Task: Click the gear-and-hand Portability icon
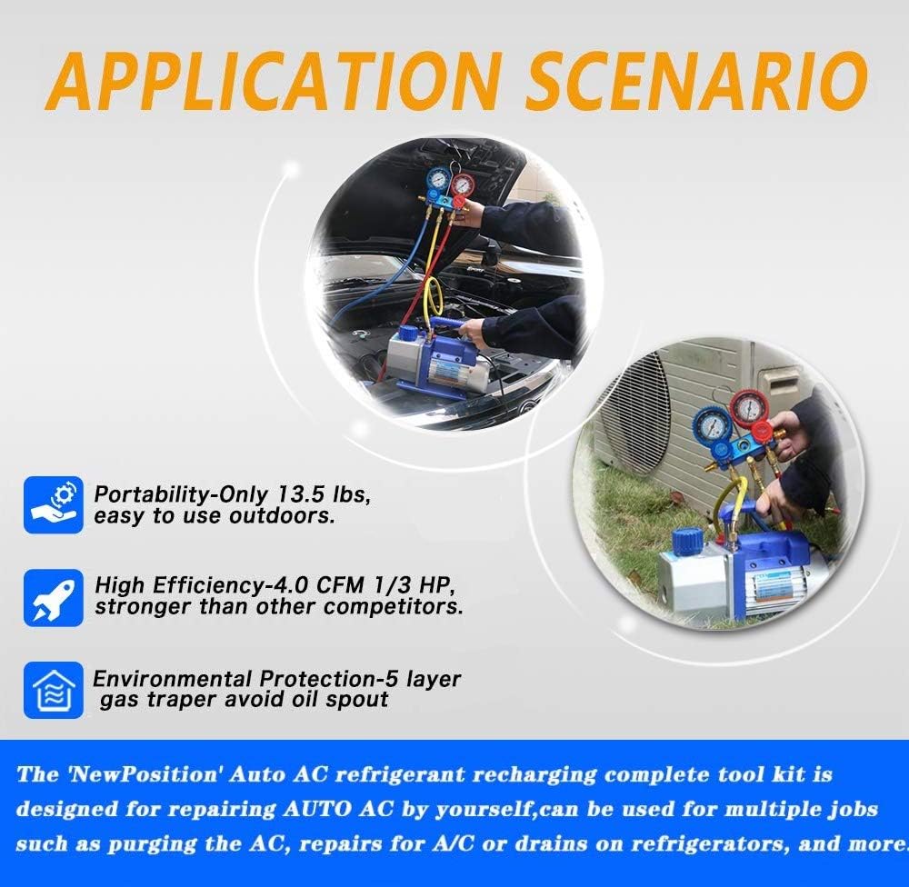pyautogui.click(x=54, y=503)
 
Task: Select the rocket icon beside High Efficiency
pyautogui.click(x=54, y=596)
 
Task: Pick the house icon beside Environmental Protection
pyautogui.click(x=54, y=690)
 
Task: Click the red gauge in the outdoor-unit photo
pyautogui.click(x=752, y=411)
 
